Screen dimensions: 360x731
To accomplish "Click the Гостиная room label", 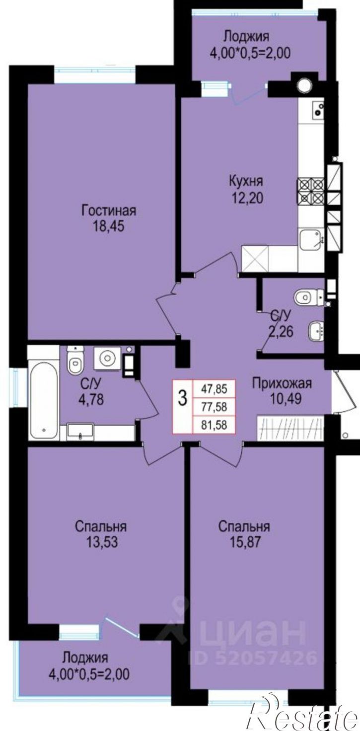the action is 109,211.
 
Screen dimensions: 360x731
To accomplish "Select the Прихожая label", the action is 282,383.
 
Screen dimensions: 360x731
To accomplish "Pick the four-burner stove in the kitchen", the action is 310,191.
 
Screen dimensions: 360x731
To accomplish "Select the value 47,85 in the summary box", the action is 215,389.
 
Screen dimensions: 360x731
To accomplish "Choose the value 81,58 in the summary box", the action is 215,425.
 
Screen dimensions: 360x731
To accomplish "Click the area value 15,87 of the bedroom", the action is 244,542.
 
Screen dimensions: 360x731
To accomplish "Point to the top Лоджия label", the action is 246,37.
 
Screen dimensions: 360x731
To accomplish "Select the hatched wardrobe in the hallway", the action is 290,429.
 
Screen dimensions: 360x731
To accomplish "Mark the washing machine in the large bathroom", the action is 107,359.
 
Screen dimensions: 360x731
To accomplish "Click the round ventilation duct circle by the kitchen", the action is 304,84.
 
